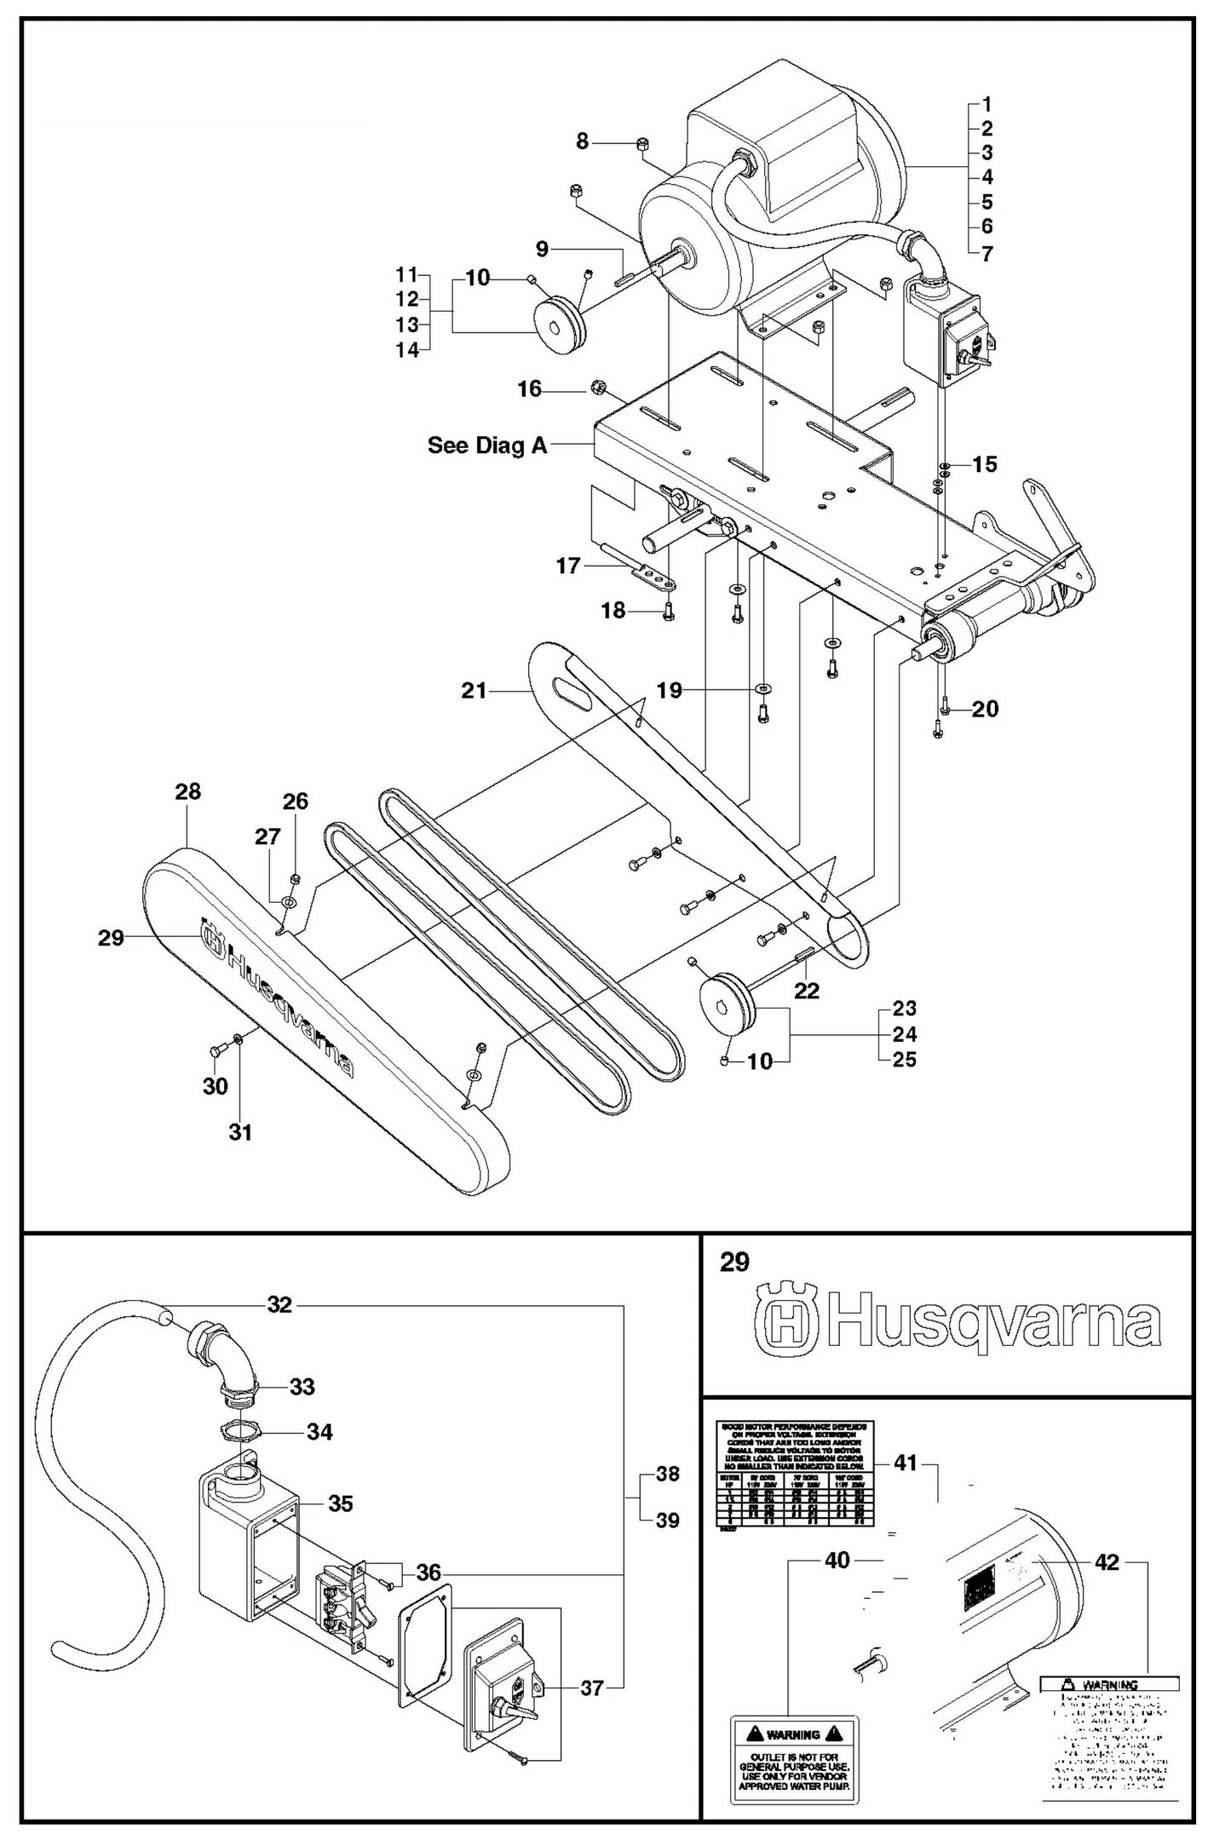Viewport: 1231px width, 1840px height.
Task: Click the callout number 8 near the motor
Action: pyautogui.click(x=582, y=141)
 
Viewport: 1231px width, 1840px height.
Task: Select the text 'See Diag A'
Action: pyautogui.click(x=487, y=446)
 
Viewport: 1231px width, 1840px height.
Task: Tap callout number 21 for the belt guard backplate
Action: pyautogui.click(x=474, y=690)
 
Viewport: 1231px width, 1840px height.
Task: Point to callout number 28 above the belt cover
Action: pyautogui.click(x=187, y=791)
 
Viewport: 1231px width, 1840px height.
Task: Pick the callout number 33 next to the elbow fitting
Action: pyautogui.click(x=302, y=1387)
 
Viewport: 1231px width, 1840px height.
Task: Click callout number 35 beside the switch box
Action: pyautogui.click(x=340, y=1504)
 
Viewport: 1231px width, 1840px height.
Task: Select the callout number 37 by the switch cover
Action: pyautogui.click(x=593, y=1688)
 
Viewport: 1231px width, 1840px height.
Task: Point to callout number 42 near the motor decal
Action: pyautogui.click(x=1108, y=1561)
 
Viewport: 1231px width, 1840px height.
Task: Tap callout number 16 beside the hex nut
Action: pyautogui.click(x=529, y=389)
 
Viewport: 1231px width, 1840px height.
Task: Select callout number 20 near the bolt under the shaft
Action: pyautogui.click(x=985, y=709)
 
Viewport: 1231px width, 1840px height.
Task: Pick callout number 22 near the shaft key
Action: pyautogui.click(x=806, y=991)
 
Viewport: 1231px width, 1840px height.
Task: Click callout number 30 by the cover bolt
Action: pyautogui.click(x=215, y=1086)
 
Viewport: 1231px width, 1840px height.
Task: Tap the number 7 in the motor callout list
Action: pyautogui.click(x=987, y=253)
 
